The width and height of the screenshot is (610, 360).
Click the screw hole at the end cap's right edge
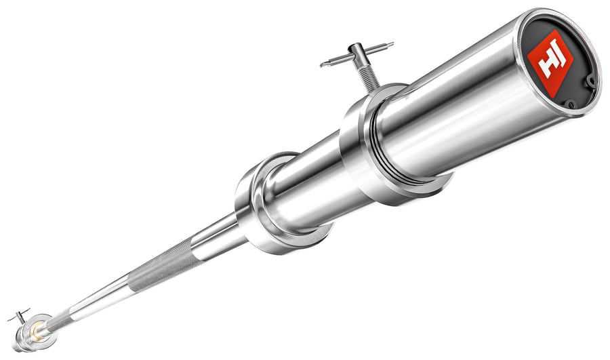click(592, 82)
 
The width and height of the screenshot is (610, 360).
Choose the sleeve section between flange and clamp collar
click(305, 183)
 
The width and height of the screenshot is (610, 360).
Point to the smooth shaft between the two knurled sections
click(102, 298)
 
